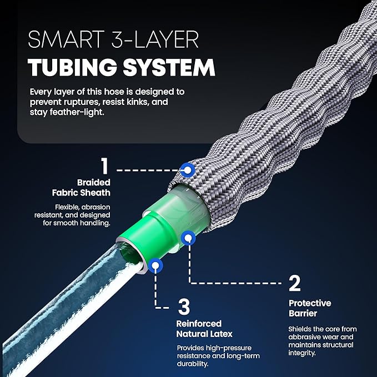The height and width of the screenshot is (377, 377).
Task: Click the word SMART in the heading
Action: click(x=66, y=39)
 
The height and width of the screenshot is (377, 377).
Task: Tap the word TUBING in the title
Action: click(x=72, y=68)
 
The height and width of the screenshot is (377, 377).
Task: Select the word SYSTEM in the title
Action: click(x=169, y=68)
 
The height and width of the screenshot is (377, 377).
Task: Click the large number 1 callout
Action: click(x=104, y=165)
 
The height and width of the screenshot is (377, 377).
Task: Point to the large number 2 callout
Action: click(x=295, y=283)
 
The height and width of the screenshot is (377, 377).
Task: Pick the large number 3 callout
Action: click(x=184, y=306)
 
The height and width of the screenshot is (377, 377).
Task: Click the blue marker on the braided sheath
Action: click(x=188, y=170)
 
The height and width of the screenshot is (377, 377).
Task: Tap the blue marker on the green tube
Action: click(x=189, y=238)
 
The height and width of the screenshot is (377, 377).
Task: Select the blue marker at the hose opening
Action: click(x=155, y=266)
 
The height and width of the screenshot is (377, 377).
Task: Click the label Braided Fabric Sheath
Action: click(x=81, y=188)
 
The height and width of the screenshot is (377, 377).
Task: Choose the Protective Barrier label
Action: click(x=310, y=308)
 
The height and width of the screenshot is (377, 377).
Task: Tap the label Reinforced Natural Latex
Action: click(x=204, y=329)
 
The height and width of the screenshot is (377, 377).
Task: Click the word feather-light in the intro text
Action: click(x=77, y=112)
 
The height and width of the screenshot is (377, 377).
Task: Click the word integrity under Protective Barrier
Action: click(x=301, y=353)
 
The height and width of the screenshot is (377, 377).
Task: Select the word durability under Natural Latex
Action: click(x=193, y=364)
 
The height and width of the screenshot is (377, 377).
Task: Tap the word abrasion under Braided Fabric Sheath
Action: click(x=96, y=207)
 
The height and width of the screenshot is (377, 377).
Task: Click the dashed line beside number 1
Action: click(x=148, y=170)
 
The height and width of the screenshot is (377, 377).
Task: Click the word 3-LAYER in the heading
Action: click(x=155, y=39)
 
